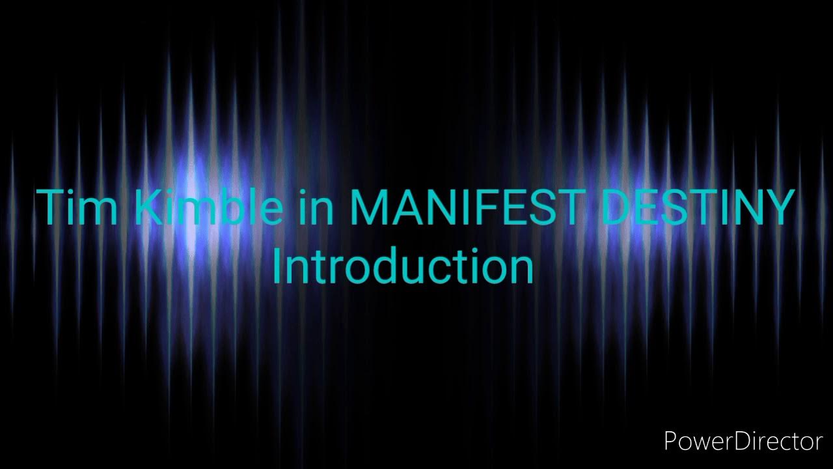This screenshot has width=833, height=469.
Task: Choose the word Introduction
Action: click(x=403, y=267)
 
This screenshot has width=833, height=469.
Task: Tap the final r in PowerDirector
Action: click(x=817, y=444)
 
